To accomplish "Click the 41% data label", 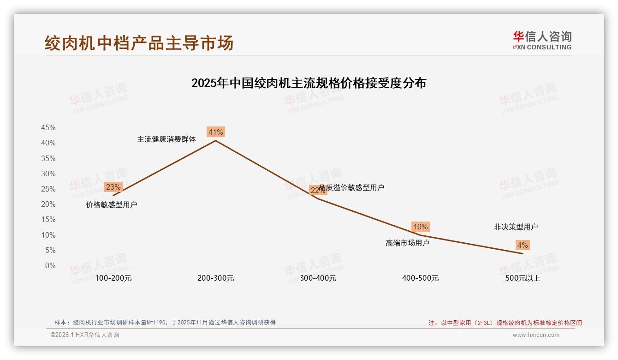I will pyautogui.click(x=215, y=132).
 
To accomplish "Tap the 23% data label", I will pyautogui.click(x=113, y=187).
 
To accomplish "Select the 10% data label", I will pyautogui.click(x=420, y=227).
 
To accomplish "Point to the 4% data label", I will pyautogui.click(x=523, y=245).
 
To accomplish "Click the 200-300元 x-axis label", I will pyautogui.click(x=215, y=278).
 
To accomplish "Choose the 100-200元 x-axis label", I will pyautogui.click(x=113, y=278).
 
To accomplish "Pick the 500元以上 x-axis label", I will pyautogui.click(x=523, y=278).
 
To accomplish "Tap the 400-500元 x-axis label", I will pyautogui.click(x=420, y=278).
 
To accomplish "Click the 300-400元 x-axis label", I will pyautogui.click(x=318, y=278).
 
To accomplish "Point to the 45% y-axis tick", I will pyautogui.click(x=48, y=127).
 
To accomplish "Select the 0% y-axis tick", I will pyautogui.click(x=50, y=266).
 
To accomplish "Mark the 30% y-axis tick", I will pyautogui.click(x=48, y=174).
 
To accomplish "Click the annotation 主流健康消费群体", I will pyautogui.click(x=166, y=139).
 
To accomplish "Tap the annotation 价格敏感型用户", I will pyautogui.click(x=111, y=204).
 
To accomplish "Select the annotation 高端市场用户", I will pyautogui.click(x=407, y=243).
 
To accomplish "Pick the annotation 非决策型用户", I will pyautogui.click(x=516, y=227).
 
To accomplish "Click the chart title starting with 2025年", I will pyautogui.click(x=309, y=83).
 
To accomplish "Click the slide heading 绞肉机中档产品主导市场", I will pyautogui.click(x=139, y=43).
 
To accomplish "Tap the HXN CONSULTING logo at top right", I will pyautogui.click(x=542, y=40).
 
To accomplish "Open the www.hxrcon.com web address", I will pyautogui.click(x=535, y=335).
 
